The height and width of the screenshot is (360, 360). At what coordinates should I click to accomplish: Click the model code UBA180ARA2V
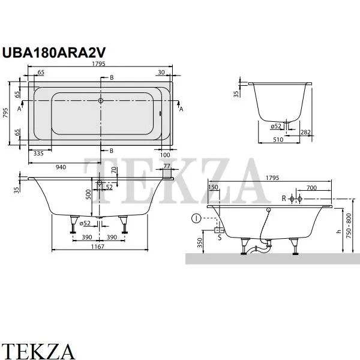(x=54, y=53)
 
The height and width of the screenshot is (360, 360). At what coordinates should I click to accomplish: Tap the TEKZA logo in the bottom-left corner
(x=38, y=351)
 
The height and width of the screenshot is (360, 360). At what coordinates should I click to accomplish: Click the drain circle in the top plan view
(x=101, y=101)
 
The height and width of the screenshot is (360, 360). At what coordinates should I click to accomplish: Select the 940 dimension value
(x=61, y=167)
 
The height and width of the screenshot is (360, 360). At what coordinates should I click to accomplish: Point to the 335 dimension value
(x=38, y=154)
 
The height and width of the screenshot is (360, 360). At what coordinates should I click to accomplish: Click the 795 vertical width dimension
(x=5, y=113)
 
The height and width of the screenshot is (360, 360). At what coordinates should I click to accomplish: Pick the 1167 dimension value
(x=98, y=247)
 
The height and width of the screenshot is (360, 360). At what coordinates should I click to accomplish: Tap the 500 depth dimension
(x=88, y=194)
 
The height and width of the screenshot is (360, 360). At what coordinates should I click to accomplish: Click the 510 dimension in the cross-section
(x=278, y=140)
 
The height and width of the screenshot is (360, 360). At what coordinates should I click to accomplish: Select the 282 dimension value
(x=305, y=132)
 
